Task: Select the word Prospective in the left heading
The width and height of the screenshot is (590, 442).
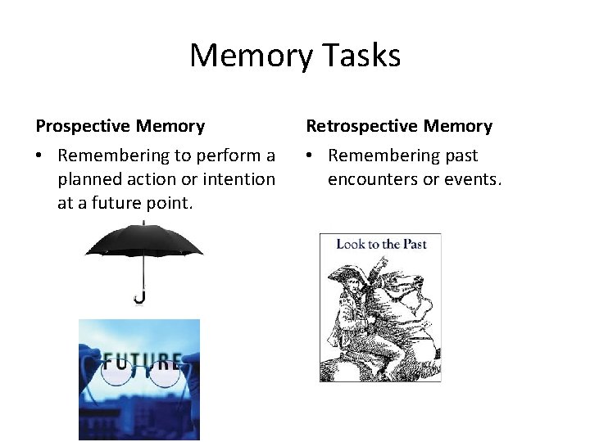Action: (x=84, y=126)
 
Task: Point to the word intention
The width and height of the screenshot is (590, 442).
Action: (x=238, y=178)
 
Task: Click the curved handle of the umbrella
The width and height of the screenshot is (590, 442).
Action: (x=140, y=297)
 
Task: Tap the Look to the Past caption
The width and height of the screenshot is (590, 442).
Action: (x=381, y=244)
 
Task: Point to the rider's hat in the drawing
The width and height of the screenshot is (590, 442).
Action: (x=345, y=274)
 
